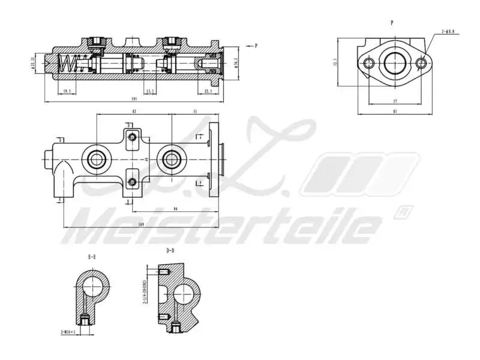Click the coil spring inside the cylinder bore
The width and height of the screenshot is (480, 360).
click(70, 63)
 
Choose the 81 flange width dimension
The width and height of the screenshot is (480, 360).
click(394, 112)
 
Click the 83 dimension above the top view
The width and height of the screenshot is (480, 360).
click(134, 112)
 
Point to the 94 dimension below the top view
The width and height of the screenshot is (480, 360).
click(175, 209)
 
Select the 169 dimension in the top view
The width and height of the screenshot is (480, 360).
click(141, 224)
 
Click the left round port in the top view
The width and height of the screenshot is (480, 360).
click(96, 159)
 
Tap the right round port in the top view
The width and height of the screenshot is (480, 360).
click(170, 159)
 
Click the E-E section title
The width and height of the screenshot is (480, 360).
click(91, 257)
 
